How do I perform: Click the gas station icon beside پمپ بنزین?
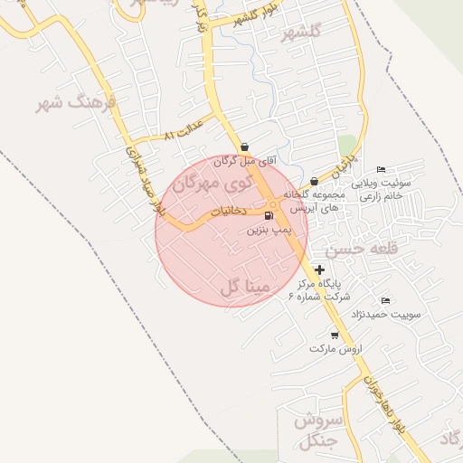pyautogui.click(x=268, y=216)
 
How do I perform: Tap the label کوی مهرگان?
pyautogui.click(x=210, y=184)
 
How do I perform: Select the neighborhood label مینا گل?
pyautogui.click(x=244, y=288)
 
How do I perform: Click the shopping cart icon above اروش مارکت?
pyautogui.click(x=335, y=335)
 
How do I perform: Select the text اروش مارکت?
pyautogui.click(x=335, y=348)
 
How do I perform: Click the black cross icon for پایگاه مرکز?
pyautogui.click(x=320, y=269)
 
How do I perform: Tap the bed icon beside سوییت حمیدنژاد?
pyautogui.click(x=386, y=300)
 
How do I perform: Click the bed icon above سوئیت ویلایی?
pyautogui.click(x=381, y=169)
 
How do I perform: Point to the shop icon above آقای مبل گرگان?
pyautogui.click(x=245, y=146)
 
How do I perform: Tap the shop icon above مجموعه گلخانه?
pyautogui.click(x=314, y=182)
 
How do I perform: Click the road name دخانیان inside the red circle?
pyautogui.click(x=229, y=211)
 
